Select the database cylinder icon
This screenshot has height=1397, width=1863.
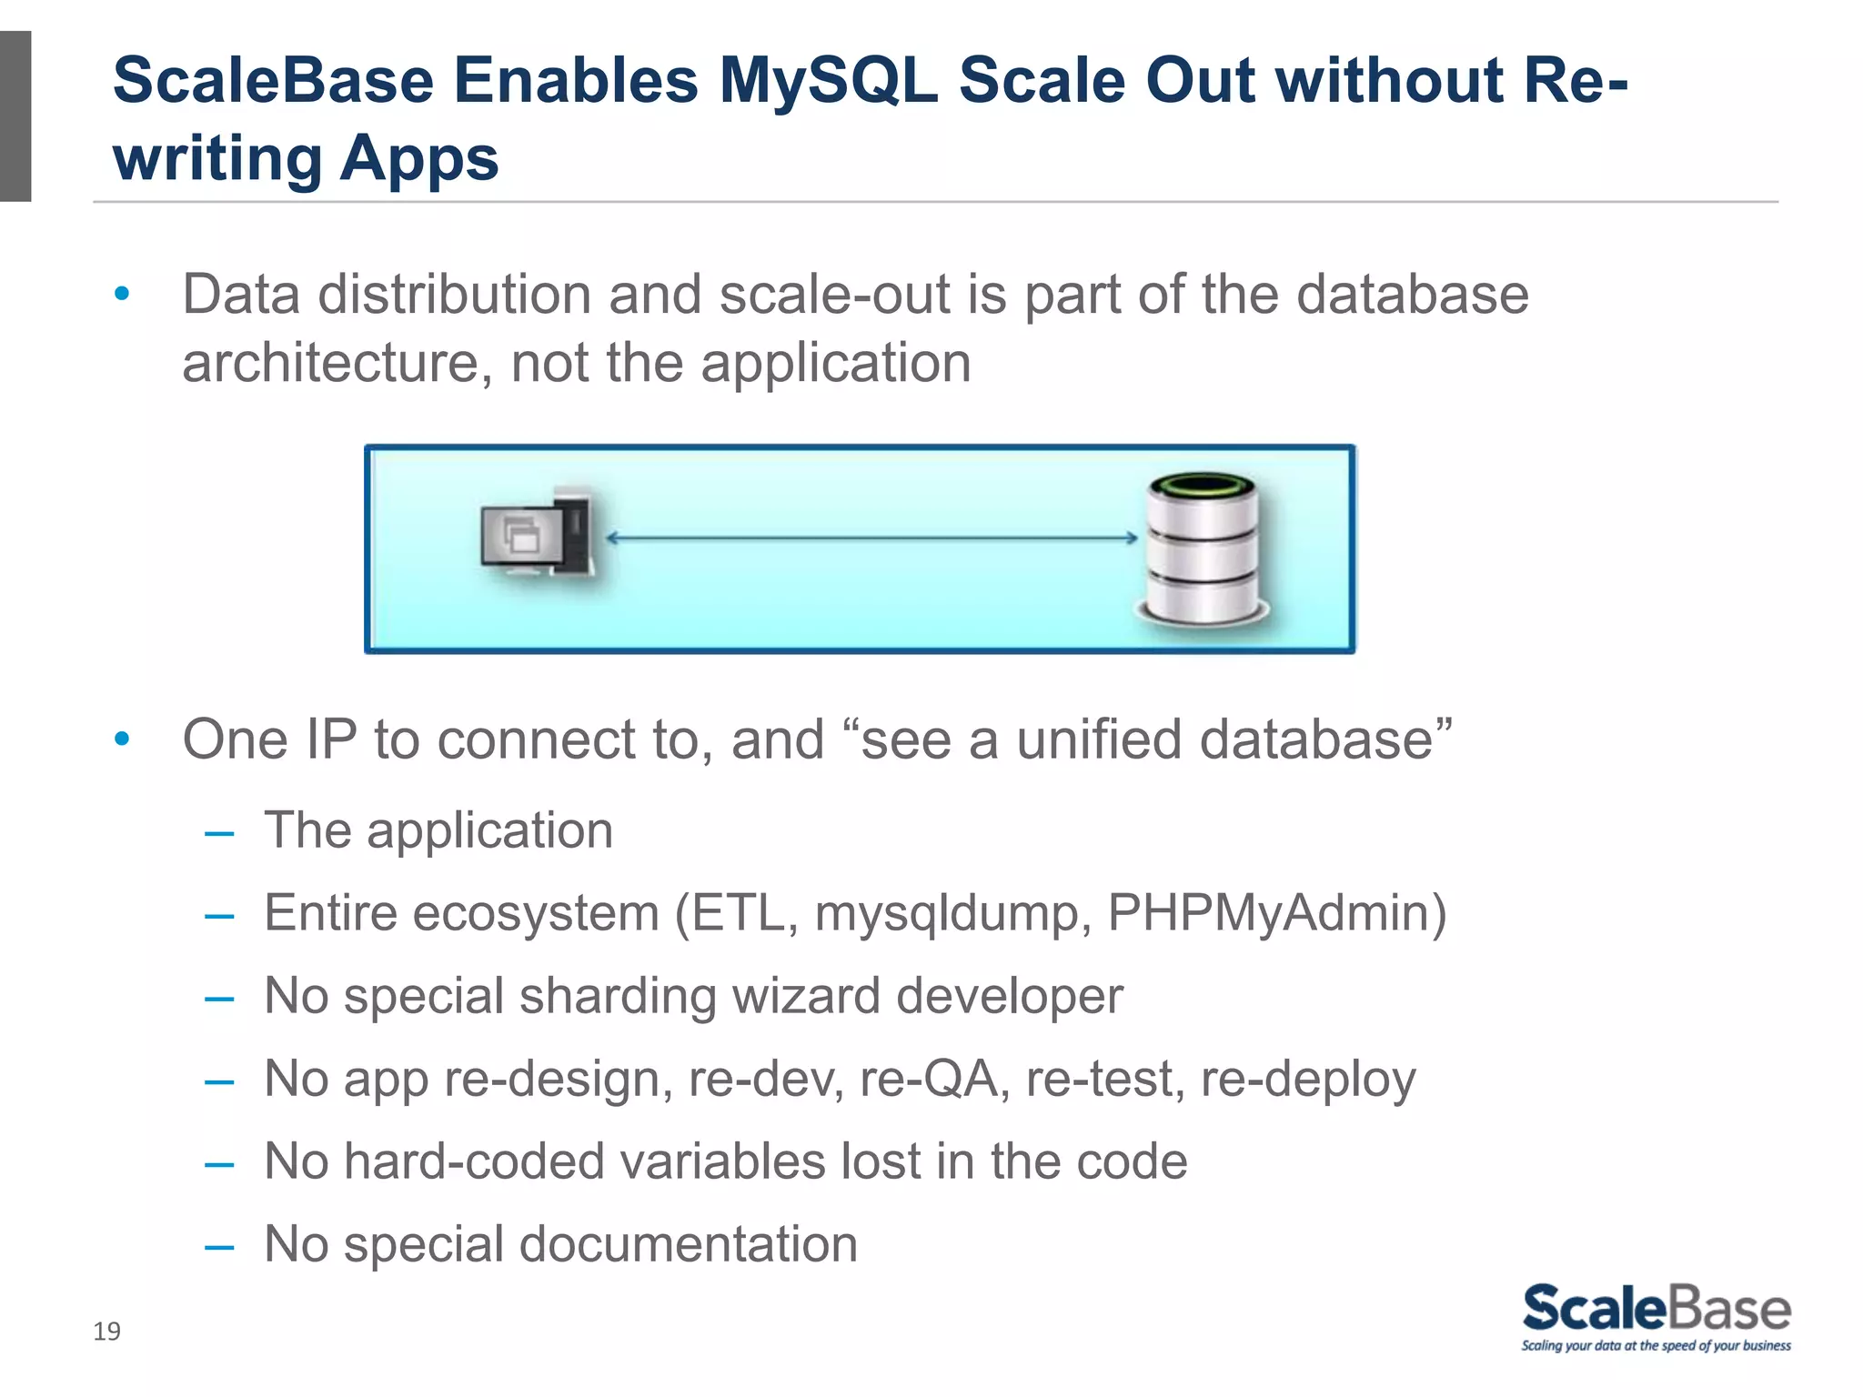[x=1203, y=550]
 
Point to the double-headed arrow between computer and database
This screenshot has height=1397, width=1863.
[x=871, y=538]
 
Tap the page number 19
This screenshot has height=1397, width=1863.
[x=106, y=1332]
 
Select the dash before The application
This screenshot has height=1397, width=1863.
[x=219, y=832]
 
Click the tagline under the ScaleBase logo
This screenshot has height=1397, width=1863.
[x=1656, y=1346]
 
